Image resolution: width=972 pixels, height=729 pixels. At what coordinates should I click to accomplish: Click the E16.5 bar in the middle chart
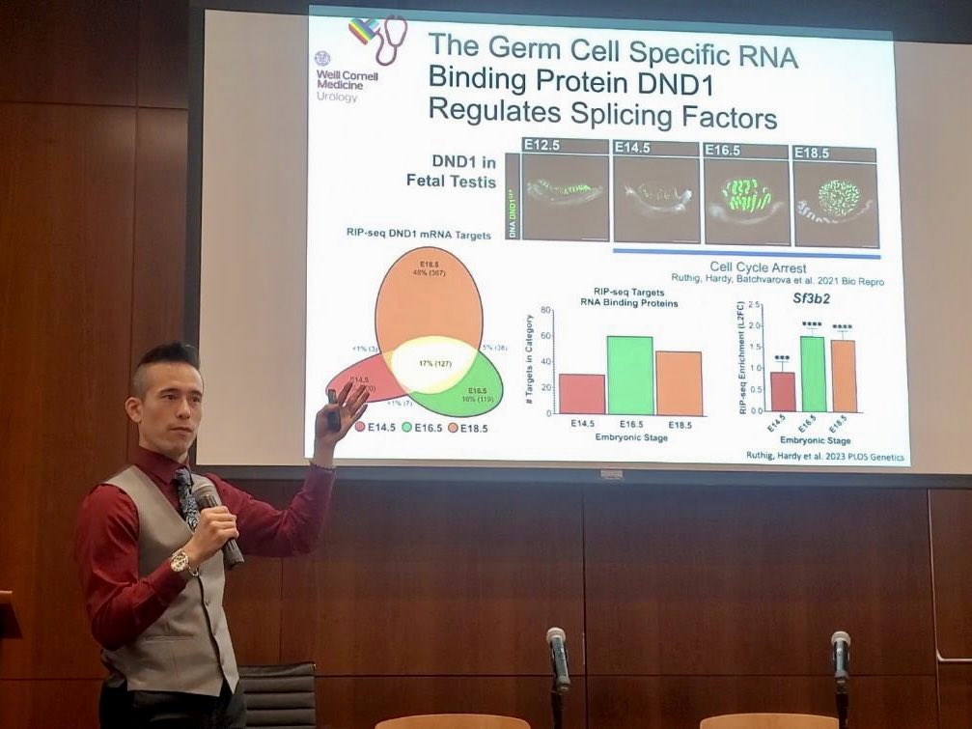(x=630, y=376)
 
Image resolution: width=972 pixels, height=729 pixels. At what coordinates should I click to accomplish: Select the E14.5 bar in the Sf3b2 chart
(x=783, y=391)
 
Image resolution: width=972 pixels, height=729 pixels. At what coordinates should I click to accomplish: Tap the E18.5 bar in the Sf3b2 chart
(x=844, y=375)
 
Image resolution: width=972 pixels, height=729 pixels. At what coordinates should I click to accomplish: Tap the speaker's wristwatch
(x=181, y=561)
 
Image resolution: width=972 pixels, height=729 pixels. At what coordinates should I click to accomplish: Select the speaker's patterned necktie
(x=186, y=496)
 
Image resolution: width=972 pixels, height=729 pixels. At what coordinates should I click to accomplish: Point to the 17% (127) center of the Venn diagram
(x=432, y=363)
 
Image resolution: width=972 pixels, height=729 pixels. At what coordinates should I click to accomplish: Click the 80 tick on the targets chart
(x=546, y=311)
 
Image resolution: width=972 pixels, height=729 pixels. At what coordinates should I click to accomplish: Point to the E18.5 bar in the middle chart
(x=679, y=383)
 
